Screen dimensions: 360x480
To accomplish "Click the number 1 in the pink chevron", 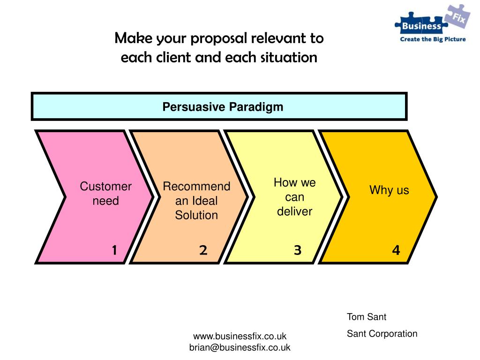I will pyautogui.click(x=114, y=251).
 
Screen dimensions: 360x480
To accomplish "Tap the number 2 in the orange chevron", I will pyautogui.click(x=203, y=251).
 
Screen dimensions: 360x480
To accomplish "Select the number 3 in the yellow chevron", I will pyautogui.click(x=297, y=251).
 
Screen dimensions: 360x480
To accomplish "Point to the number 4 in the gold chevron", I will pyautogui.click(x=396, y=251).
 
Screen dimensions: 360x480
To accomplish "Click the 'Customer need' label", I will pyautogui.click(x=105, y=194).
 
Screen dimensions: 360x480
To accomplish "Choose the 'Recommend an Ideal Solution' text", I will pyautogui.click(x=196, y=201).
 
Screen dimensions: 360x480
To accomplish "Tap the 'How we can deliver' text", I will pyautogui.click(x=294, y=197).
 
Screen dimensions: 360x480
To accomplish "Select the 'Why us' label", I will pyautogui.click(x=389, y=190).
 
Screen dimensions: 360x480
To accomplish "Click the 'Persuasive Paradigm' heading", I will pyautogui.click(x=223, y=107).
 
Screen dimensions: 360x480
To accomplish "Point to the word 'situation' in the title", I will pyautogui.click(x=290, y=58).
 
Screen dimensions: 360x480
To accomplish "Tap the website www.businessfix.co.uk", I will pyautogui.click(x=240, y=336).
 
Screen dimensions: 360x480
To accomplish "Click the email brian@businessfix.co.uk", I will pyautogui.click(x=240, y=347).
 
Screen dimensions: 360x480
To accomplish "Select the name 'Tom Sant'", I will pyautogui.click(x=367, y=317).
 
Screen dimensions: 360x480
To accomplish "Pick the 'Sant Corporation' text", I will pyautogui.click(x=382, y=334).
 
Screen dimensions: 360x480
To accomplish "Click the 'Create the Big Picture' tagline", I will pyautogui.click(x=432, y=39).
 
